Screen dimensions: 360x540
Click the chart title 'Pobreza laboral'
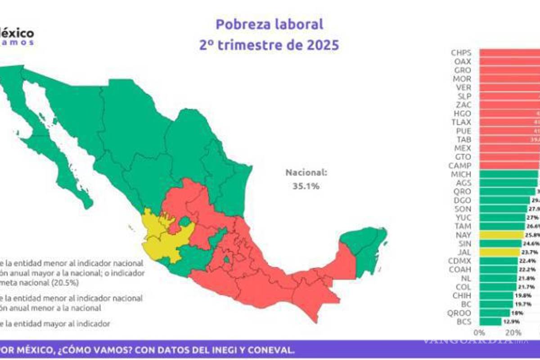click(269, 24)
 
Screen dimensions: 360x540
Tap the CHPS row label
click(461, 53)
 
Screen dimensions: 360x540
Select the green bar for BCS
click(490, 322)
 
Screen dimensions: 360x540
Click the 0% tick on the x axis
click(479, 333)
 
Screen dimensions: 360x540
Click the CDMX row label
click(460, 261)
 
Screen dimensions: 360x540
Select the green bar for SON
click(503, 209)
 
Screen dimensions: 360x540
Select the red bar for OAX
click(508, 61)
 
